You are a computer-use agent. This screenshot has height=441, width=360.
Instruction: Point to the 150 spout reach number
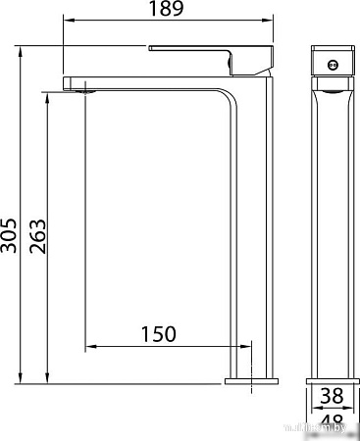158,334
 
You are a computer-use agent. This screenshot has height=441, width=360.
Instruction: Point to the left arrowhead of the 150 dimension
90,346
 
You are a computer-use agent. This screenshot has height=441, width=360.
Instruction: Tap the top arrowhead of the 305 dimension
21,46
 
